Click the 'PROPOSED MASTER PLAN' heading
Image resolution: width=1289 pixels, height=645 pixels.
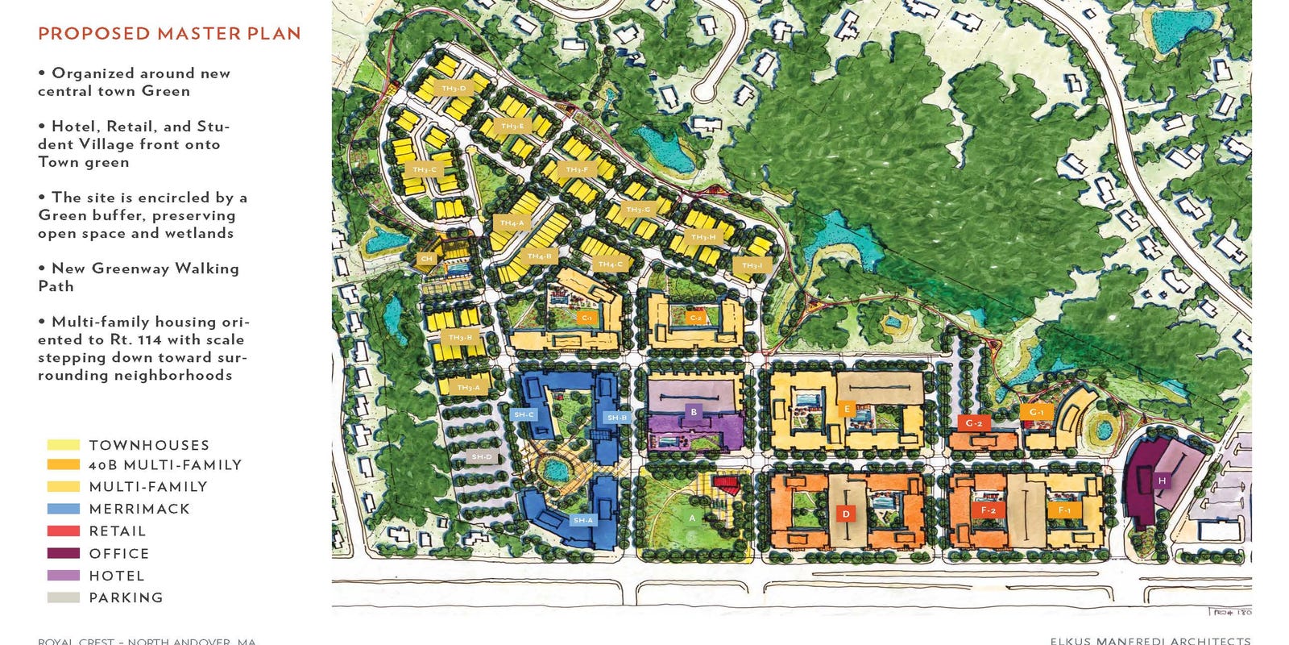pos(169,34)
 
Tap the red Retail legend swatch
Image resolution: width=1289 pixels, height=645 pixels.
pos(64,531)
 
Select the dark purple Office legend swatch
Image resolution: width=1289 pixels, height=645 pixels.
pos(64,554)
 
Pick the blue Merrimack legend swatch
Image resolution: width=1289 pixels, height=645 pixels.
pos(64,509)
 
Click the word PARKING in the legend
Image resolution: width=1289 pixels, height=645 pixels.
pos(126,598)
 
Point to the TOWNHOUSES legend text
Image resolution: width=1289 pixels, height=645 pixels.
pos(149,445)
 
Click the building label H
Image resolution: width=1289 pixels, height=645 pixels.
pos(1162,481)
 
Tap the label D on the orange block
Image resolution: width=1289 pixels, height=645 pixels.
pos(846,514)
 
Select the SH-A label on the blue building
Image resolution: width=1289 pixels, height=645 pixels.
pos(582,520)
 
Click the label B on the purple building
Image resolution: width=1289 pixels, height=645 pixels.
pos(694,413)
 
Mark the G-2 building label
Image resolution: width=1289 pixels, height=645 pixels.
pos(974,422)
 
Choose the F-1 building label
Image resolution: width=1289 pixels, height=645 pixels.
pos(1064,510)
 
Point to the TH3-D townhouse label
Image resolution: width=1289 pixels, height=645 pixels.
pos(454,88)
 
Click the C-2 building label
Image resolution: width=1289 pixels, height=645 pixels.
pos(696,318)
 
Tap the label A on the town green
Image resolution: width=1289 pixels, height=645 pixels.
pos(692,518)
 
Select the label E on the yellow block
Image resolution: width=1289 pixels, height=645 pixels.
pos(846,409)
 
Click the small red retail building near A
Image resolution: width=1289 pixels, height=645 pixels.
pos(728,485)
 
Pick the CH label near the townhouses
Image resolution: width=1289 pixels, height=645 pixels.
pos(426,259)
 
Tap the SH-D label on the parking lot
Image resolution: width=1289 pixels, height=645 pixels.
pos(482,457)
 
